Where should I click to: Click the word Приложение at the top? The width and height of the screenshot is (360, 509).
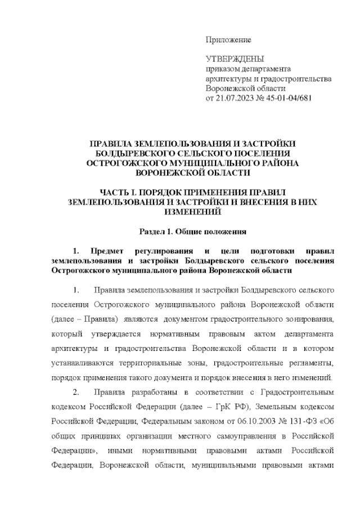click(228, 40)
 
